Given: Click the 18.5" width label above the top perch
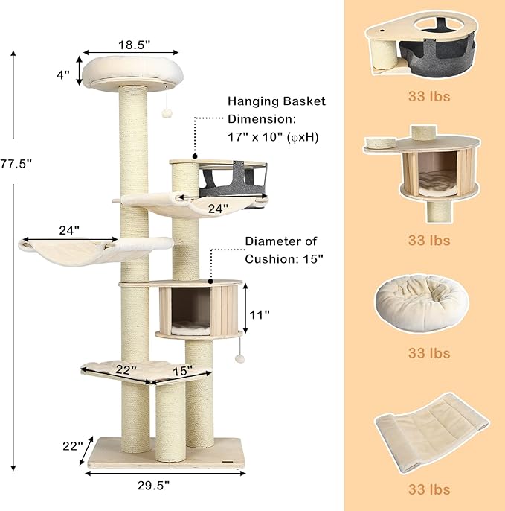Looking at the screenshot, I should [133, 45].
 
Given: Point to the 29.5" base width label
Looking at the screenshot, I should [154, 485].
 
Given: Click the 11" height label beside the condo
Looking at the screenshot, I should [260, 315].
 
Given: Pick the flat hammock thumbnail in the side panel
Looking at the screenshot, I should [430, 431].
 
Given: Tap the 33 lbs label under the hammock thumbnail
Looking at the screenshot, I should [428, 489].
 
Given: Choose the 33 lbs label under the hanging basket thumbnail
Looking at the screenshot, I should [428, 96].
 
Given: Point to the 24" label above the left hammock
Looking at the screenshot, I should [68, 231].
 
